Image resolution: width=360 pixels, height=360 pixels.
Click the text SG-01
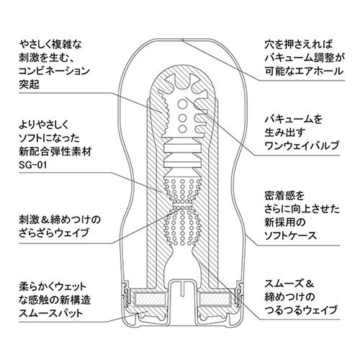[33, 165]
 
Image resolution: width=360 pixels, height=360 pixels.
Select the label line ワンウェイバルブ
[302, 145]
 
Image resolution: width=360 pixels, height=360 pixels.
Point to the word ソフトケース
[291, 235]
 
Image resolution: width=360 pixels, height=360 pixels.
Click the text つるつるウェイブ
[301, 310]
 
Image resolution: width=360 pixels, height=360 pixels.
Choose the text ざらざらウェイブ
[54, 233]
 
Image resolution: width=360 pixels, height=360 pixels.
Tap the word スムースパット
[50, 313]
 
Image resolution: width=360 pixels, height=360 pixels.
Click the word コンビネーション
[54, 71]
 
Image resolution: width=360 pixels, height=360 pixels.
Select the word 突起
[29, 84]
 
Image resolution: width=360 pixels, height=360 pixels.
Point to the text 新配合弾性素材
[55, 152]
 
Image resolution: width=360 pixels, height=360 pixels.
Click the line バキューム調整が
[305, 58]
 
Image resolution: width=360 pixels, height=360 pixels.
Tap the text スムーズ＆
[289, 284]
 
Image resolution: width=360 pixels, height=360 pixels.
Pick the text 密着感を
[284, 196]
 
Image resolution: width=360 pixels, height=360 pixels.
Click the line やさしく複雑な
[50, 45]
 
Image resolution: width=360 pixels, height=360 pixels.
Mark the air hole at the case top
[182, 40]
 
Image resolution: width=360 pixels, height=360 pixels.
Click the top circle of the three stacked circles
[182, 104]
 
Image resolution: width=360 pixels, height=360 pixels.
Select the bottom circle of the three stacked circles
[182, 129]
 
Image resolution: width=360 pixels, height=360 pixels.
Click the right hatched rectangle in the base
[215, 299]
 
